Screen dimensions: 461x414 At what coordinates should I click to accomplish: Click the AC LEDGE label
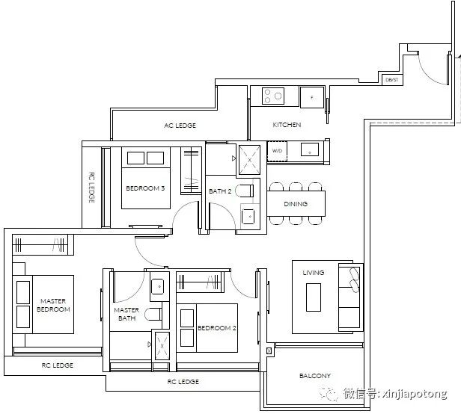tap(180, 126)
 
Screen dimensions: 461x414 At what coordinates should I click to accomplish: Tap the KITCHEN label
tap(287, 125)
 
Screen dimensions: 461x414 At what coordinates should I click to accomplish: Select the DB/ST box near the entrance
tap(392, 79)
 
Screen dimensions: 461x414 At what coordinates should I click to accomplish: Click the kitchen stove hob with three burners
tap(273, 96)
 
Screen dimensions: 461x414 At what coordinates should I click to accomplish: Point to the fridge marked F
tap(312, 97)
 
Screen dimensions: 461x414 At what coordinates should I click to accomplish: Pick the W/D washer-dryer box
tap(277, 151)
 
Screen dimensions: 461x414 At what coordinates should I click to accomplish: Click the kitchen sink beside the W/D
tap(310, 149)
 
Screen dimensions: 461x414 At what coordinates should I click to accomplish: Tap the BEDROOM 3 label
tap(145, 188)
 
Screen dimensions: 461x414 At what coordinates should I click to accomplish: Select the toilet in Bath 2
tap(245, 191)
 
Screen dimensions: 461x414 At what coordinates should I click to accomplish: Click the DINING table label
tap(296, 204)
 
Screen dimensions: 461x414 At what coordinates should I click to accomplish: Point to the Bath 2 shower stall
tap(249, 160)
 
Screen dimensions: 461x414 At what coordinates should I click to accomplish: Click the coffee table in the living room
tap(314, 297)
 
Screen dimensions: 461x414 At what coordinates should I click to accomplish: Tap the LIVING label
tap(314, 273)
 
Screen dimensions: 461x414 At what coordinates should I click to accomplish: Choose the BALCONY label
tap(315, 376)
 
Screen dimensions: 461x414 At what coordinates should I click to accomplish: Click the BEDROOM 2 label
tap(217, 328)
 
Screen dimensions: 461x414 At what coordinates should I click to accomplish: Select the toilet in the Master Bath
tap(153, 314)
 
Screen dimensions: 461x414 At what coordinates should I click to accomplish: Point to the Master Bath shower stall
tap(162, 346)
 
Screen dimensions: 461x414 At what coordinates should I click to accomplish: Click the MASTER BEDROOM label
tap(53, 305)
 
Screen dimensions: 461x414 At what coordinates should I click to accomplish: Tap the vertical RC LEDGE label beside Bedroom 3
tap(92, 188)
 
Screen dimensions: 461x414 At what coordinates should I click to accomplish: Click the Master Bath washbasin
tap(159, 286)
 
